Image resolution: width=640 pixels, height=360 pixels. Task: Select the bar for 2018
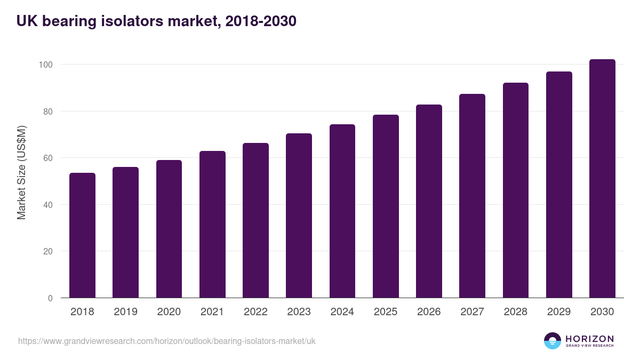tap(82, 235)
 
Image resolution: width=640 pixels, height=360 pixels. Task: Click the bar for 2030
tap(602, 179)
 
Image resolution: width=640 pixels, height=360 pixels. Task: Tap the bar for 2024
tap(342, 211)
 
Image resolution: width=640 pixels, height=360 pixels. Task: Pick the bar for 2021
tap(212, 225)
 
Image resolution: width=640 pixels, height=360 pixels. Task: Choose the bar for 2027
tap(472, 196)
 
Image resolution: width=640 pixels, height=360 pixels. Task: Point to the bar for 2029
tap(559, 185)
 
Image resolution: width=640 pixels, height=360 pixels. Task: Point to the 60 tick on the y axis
tap(48, 158)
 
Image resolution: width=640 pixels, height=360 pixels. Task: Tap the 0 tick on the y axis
tap(50, 298)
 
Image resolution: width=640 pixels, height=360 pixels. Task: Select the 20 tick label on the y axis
tap(48, 251)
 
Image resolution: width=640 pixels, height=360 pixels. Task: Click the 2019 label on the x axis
tap(126, 312)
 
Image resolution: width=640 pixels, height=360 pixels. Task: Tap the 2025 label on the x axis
tap(386, 312)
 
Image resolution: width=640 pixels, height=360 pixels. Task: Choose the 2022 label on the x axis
tap(255, 312)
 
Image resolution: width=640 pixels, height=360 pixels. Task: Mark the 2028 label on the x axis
tap(516, 312)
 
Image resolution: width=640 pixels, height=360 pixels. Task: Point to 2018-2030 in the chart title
tap(261, 21)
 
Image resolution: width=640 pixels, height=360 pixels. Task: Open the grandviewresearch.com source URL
tap(167, 341)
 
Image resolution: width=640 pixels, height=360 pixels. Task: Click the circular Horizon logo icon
tap(553, 341)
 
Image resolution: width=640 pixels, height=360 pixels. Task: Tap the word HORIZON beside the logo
tap(589, 338)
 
